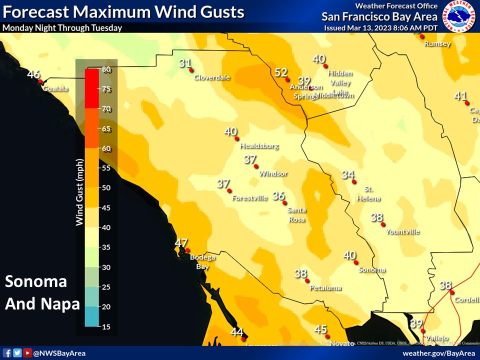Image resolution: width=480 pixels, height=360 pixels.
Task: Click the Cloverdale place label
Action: pyautogui.click(x=211, y=77)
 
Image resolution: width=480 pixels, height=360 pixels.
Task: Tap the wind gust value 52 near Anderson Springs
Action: pyautogui.click(x=281, y=72)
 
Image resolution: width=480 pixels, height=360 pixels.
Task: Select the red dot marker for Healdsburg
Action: pyautogui.click(x=237, y=138)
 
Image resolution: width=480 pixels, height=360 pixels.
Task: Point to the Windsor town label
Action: pyautogui.click(x=273, y=173)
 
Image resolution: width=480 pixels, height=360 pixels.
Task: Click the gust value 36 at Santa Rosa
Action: pyautogui.click(x=278, y=196)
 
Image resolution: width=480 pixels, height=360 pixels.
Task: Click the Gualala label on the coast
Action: pyautogui.click(x=55, y=89)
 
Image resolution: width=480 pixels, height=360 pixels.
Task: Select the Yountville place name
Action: pyautogui.click(x=402, y=231)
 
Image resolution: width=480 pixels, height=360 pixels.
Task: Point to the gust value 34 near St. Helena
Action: pyautogui.click(x=348, y=175)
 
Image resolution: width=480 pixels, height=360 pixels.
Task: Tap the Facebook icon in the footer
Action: pyautogui.click(x=7, y=353)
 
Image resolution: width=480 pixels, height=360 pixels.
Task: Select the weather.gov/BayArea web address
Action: pyautogui.click(x=438, y=353)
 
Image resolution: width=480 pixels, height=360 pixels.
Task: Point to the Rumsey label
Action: pyautogui.click(x=437, y=44)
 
